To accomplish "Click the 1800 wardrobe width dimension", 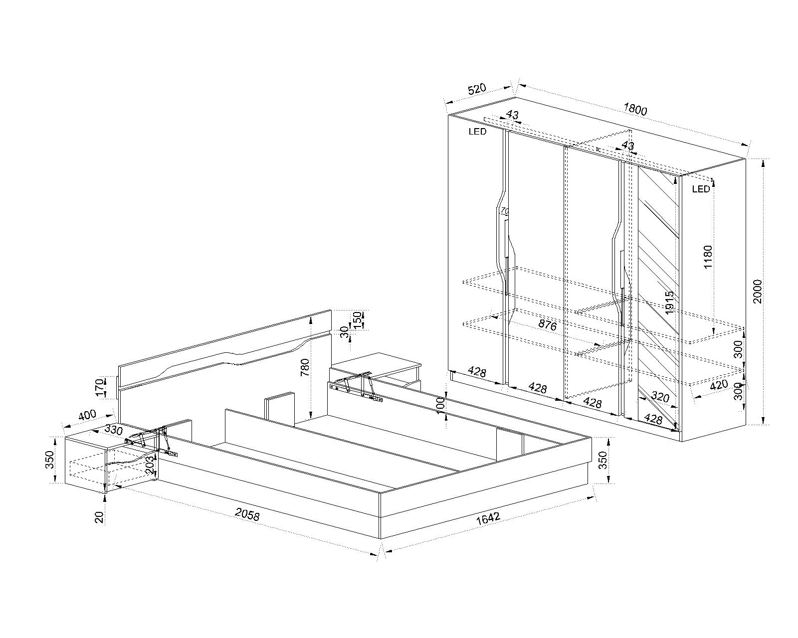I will click(x=635, y=110).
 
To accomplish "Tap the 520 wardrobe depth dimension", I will click(x=476, y=90).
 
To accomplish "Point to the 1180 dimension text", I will click(x=708, y=257).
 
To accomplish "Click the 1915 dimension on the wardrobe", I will click(x=670, y=302).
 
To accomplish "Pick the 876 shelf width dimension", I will click(x=547, y=325).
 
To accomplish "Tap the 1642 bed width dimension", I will click(x=488, y=518).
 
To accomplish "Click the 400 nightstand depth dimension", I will click(x=87, y=415).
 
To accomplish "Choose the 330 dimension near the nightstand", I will click(x=113, y=429).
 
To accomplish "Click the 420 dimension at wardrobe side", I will click(x=718, y=385).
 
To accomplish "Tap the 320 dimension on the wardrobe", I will click(x=660, y=397).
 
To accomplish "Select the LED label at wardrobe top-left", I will click(x=477, y=132).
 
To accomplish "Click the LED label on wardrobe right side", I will click(x=701, y=189).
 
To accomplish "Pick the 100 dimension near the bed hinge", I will click(x=440, y=405).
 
